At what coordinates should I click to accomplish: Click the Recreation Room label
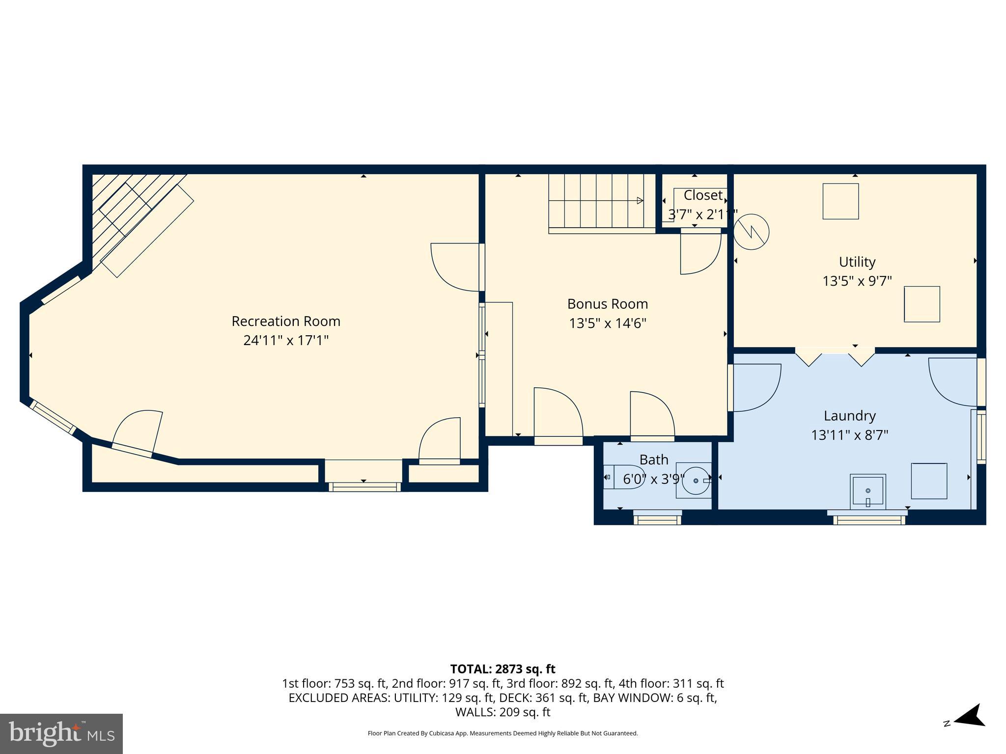click(286, 321)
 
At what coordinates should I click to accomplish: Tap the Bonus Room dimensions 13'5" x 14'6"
click(608, 323)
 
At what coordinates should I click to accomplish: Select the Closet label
click(703, 195)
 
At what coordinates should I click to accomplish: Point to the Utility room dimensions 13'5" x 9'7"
click(857, 281)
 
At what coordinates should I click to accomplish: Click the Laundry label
click(850, 416)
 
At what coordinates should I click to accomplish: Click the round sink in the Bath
click(696, 481)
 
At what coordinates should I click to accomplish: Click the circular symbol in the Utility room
click(751, 232)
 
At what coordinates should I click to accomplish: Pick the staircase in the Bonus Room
click(602, 204)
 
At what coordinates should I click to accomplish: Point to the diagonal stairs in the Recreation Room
click(142, 223)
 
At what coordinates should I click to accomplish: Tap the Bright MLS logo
click(61, 734)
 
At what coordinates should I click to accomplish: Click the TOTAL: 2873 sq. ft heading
click(503, 669)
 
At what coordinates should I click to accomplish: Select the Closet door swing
click(700, 254)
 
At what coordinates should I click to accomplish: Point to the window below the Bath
click(657, 518)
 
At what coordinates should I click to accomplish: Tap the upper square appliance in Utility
click(841, 201)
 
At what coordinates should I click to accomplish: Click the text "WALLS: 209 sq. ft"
click(503, 712)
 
